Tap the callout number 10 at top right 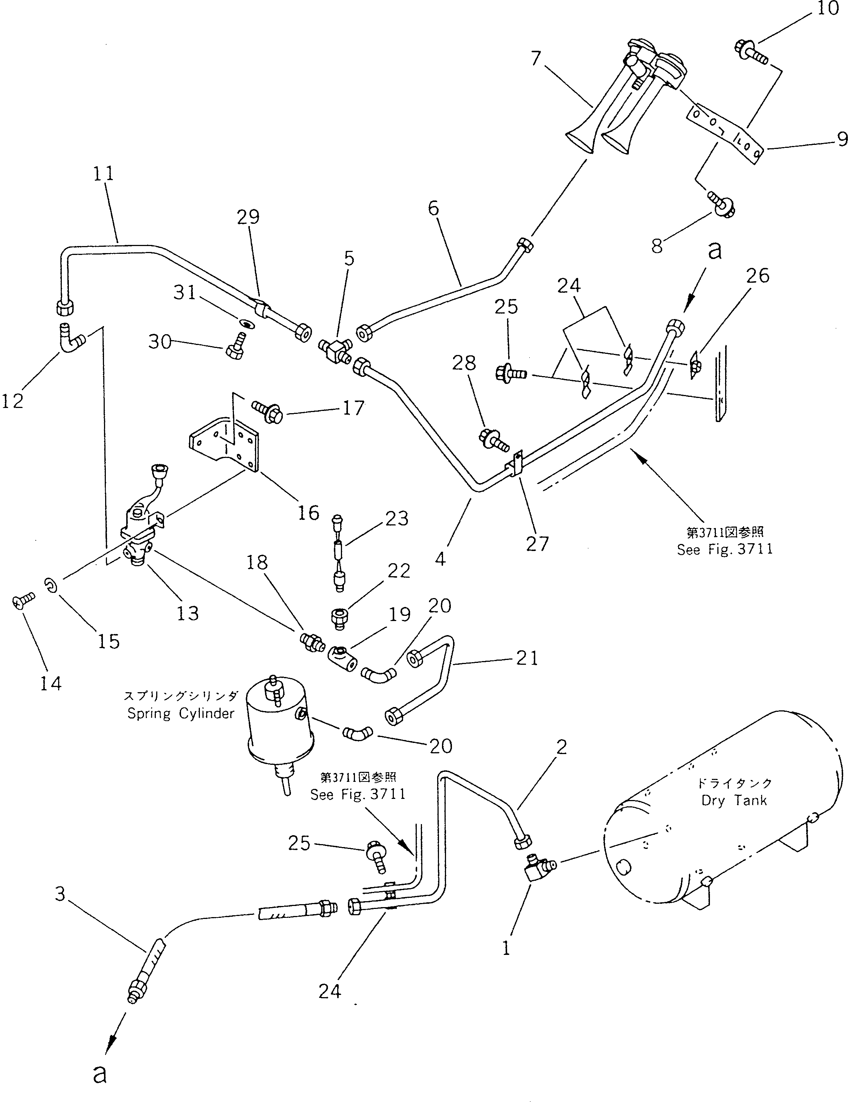(827, 9)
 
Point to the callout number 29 (248, 217)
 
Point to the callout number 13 (188, 613)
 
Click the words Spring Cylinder (181, 713)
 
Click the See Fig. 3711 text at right (724, 550)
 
